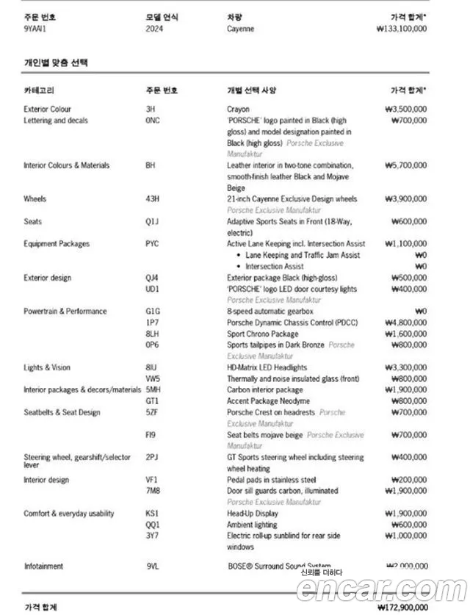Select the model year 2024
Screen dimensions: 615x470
156,29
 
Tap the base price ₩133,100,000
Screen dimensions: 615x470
401,29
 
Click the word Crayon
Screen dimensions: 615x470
239,109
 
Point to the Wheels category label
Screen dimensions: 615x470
35,199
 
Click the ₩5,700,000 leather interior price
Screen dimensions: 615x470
405,166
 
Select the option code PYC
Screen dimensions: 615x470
153,244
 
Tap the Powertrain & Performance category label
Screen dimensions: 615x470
65,312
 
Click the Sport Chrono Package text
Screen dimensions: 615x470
263,334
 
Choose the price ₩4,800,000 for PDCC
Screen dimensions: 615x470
405,323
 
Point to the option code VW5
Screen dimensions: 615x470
153,378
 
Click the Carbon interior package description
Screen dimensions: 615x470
264,390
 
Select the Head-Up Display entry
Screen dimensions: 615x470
253,514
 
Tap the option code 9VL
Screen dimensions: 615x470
153,567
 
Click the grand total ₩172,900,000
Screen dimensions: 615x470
401,608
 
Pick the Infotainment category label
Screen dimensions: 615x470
43,567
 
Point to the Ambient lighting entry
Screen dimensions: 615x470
252,525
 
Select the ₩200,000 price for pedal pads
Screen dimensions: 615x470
408,480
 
